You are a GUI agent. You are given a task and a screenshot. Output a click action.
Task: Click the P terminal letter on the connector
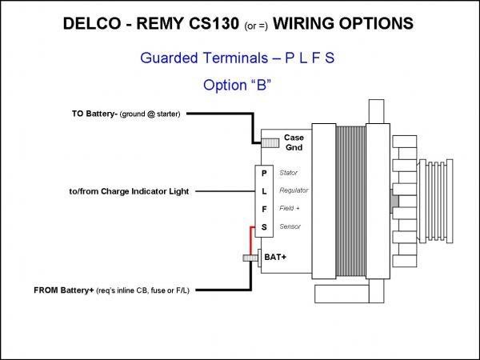click(x=264, y=174)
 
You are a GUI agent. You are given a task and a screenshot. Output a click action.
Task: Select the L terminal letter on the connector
click(x=264, y=191)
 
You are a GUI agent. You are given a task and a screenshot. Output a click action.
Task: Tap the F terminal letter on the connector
click(x=264, y=210)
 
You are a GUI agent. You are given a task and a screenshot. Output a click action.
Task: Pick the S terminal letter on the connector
click(x=264, y=227)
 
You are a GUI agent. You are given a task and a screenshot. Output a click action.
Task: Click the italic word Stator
click(x=288, y=173)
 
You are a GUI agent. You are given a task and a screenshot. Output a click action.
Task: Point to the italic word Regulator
click(x=294, y=190)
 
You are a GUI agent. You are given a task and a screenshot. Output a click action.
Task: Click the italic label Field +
click(x=290, y=209)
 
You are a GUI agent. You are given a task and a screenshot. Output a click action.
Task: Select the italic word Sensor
click(x=290, y=226)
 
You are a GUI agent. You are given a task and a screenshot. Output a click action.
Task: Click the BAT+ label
click(x=275, y=257)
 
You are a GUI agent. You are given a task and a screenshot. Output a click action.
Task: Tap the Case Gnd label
click(x=294, y=142)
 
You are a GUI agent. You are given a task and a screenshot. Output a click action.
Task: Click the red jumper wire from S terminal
click(x=251, y=240)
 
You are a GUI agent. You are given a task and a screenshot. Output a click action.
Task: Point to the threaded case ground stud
click(x=270, y=143)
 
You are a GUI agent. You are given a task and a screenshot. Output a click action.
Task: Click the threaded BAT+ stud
click(x=250, y=258)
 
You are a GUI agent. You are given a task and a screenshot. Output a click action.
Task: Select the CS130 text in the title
click(x=214, y=23)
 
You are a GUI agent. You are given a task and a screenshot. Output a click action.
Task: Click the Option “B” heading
click(x=237, y=85)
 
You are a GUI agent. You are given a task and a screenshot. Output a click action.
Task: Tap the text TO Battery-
click(x=95, y=114)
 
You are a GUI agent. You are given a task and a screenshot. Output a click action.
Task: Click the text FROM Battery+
click(x=64, y=290)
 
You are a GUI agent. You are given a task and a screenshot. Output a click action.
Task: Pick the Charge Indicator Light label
click(x=145, y=191)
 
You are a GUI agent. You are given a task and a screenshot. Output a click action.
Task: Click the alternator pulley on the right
click(x=436, y=201)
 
